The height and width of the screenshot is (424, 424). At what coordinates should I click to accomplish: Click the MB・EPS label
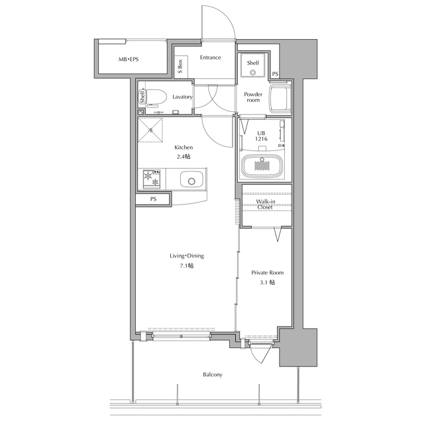129,59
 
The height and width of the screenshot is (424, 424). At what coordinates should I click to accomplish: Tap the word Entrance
211,58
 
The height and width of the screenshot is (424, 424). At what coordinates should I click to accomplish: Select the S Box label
180,66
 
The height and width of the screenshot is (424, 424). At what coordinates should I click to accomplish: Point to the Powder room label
253,97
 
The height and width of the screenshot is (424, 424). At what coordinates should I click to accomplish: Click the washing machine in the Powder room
280,99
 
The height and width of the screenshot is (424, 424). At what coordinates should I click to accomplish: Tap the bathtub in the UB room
262,166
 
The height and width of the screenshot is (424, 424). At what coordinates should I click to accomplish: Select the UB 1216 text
261,136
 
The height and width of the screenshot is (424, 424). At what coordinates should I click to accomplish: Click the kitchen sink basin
191,179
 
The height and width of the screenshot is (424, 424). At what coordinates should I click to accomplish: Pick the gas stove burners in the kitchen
152,179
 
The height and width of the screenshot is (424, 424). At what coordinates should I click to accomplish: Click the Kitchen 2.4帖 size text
184,156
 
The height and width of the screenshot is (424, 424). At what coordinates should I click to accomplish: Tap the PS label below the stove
153,199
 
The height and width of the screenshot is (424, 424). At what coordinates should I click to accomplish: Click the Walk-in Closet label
266,204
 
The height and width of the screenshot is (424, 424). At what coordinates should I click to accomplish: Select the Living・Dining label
187,256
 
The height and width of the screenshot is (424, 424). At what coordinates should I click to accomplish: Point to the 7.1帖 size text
187,266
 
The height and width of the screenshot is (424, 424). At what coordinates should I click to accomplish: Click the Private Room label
268,272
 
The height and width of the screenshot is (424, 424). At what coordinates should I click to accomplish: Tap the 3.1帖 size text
268,283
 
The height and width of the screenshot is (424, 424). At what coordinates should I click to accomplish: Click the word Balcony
213,374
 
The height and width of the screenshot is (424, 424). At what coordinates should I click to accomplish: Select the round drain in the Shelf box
253,72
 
